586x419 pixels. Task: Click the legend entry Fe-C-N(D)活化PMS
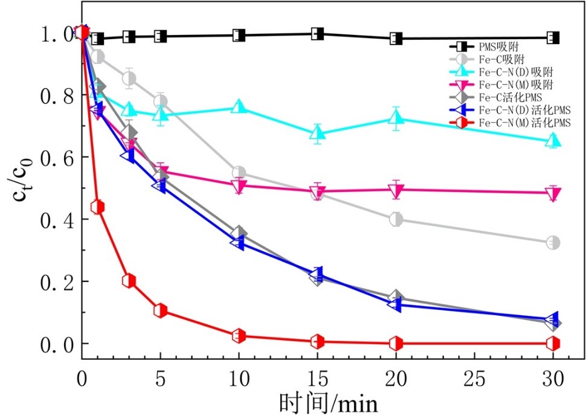click(517, 110)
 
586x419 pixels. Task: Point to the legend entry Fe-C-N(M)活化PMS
click(517, 123)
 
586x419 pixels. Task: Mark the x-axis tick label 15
click(318, 379)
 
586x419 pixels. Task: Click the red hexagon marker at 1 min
click(98, 207)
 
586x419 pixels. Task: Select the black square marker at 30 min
click(553, 38)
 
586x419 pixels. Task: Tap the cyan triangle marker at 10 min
click(239, 107)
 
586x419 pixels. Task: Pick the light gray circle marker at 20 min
click(396, 219)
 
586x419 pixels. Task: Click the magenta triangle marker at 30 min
click(553, 193)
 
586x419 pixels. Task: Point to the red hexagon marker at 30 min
click(553, 344)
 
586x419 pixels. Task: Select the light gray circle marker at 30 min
click(553, 243)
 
